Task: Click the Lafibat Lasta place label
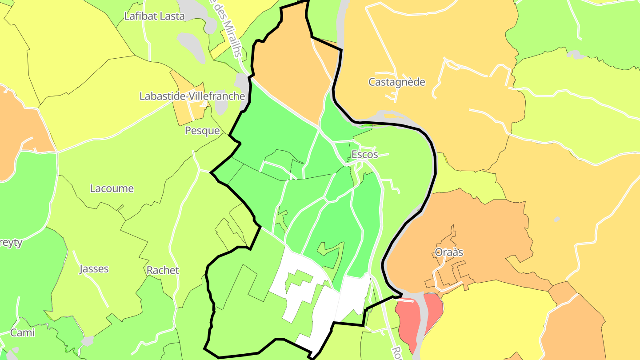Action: click(154, 16)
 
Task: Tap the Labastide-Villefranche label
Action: click(192, 96)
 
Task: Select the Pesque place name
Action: click(202, 131)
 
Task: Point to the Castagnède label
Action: click(397, 82)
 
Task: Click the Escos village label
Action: click(364, 154)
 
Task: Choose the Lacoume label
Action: click(112, 188)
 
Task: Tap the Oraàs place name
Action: click(449, 252)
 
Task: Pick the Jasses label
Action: click(94, 269)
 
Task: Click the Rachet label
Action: click(163, 270)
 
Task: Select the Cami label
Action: click(22, 332)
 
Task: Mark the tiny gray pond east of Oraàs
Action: click(557, 219)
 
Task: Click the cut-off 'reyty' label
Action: click(11, 243)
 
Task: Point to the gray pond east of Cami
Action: click(88, 341)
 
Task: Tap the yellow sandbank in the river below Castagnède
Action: click(390, 116)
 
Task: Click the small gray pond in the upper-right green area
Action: click(576, 55)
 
